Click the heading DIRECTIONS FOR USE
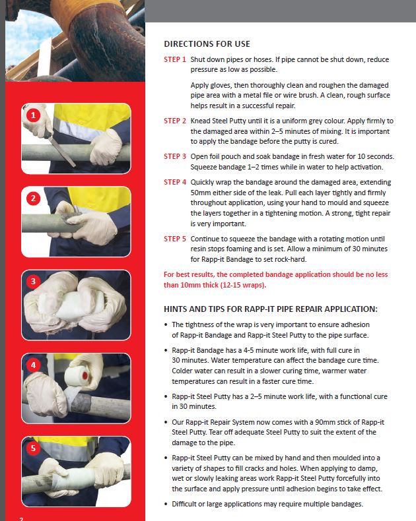207,44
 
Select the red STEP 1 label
175,59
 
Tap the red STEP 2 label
175,121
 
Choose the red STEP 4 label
175,181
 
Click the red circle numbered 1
32,115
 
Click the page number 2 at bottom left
21,518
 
